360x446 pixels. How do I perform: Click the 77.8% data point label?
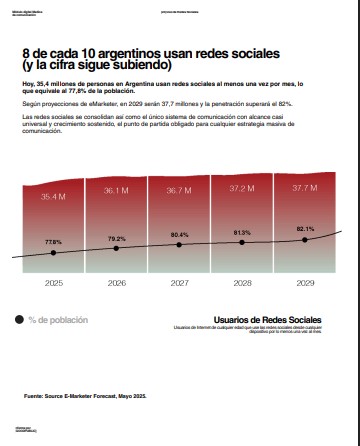53,243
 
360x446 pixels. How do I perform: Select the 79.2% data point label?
116,239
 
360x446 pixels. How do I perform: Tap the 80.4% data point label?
179,235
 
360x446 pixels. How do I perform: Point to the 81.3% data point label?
242,232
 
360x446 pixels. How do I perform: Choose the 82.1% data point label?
305,229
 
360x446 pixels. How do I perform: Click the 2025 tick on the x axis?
53,284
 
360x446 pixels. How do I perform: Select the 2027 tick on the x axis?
179,284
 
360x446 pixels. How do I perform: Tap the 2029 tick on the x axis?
305,284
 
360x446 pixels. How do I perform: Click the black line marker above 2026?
116,251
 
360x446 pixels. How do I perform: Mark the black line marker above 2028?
242,244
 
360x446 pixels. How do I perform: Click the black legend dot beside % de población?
19,320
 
